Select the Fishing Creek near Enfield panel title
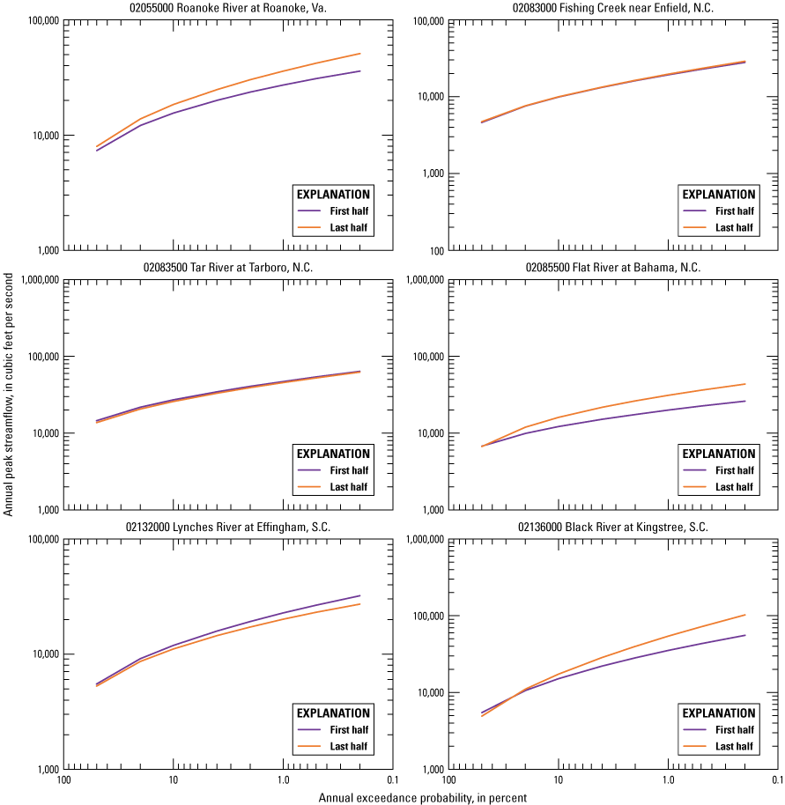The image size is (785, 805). [x=613, y=8]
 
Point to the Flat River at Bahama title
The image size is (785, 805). [x=613, y=268]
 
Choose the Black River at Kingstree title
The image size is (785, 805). [x=613, y=528]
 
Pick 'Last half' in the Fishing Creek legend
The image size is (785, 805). [x=734, y=228]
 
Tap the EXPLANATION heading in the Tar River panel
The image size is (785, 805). [x=333, y=454]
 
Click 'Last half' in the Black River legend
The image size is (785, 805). [x=734, y=747]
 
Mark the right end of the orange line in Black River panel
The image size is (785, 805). [x=745, y=615]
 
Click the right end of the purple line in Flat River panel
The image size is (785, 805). [x=745, y=401]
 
